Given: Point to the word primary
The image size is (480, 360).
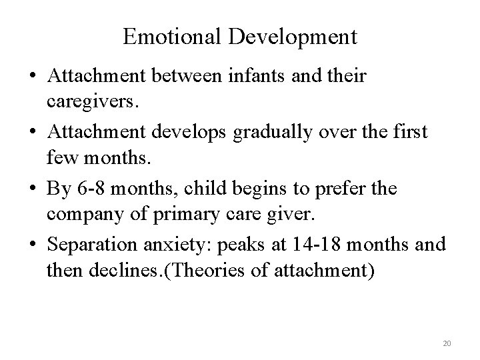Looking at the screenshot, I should click(160, 215).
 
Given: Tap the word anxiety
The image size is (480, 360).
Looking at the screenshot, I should click(166, 244).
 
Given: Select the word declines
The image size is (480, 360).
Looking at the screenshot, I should click(108, 271).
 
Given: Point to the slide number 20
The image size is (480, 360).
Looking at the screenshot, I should click(447, 343).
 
